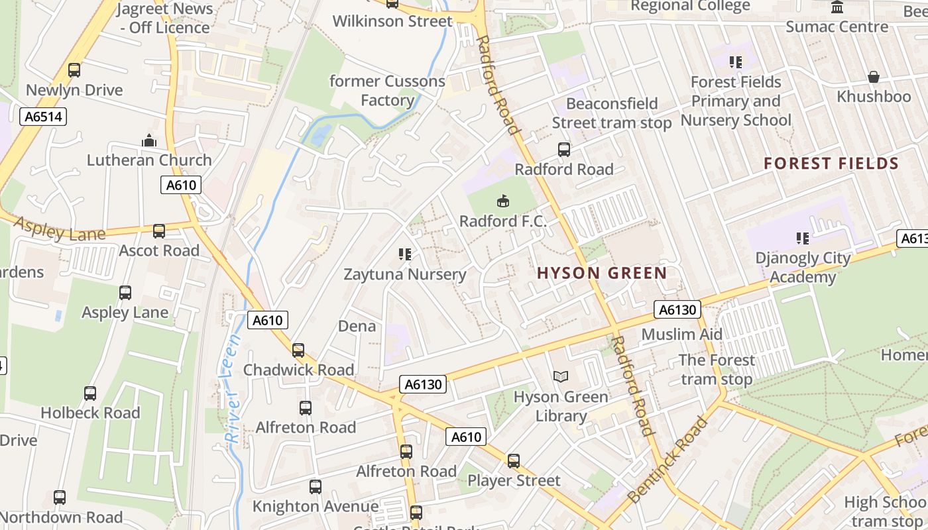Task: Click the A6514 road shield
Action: [x=43, y=117]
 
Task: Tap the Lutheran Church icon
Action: [x=149, y=140]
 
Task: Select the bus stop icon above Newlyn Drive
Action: [x=74, y=70]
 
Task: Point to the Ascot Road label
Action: [x=159, y=250]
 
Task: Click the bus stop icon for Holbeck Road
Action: [x=90, y=394]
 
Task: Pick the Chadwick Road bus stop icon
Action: [x=298, y=350]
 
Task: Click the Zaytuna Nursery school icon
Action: [x=405, y=254]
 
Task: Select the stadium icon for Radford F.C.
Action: [x=503, y=201]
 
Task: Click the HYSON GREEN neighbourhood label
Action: [x=602, y=273]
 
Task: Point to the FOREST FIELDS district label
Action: [x=831, y=164]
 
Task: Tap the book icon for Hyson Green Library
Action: [x=561, y=377]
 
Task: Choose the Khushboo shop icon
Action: [x=874, y=78]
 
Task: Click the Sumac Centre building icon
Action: [x=837, y=8]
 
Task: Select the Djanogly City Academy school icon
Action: [x=803, y=238]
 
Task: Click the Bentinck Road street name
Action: [x=667, y=460]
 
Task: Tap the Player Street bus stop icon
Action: [x=514, y=461]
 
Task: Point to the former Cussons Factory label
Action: [x=387, y=91]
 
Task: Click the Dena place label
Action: [x=357, y=326]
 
